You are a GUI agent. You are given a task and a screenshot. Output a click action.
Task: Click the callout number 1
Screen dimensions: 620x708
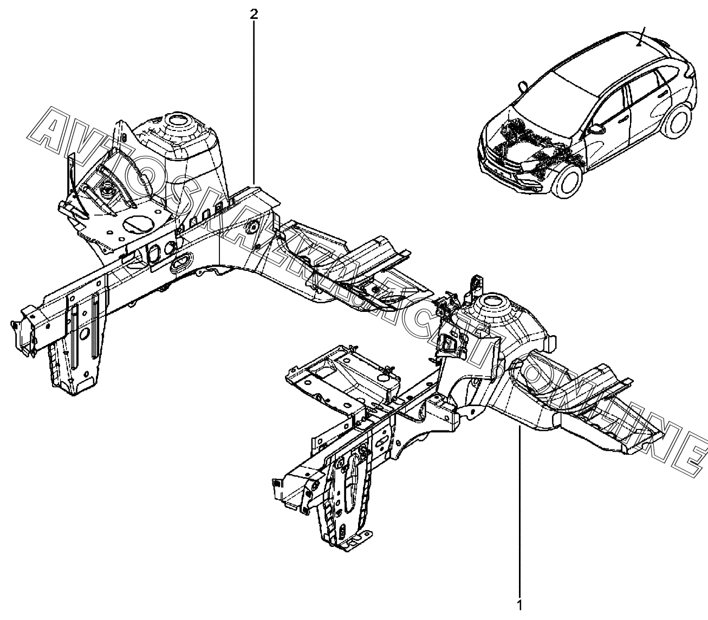[519, 605]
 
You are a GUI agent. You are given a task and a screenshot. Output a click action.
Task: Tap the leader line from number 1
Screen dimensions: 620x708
[520, 514]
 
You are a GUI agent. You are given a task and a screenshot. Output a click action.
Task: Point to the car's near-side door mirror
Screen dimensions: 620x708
[597, 129]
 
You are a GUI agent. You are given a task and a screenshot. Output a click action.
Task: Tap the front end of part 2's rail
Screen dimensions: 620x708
[22, 325]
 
